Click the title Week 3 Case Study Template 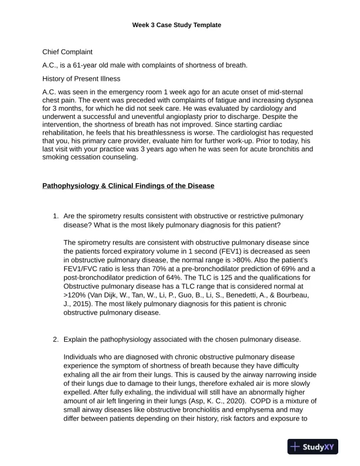(x=180, y=25)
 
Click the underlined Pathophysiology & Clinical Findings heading (x=128, y=186)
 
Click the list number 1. (x=56, y=217)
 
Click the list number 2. (x=56, y=340)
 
